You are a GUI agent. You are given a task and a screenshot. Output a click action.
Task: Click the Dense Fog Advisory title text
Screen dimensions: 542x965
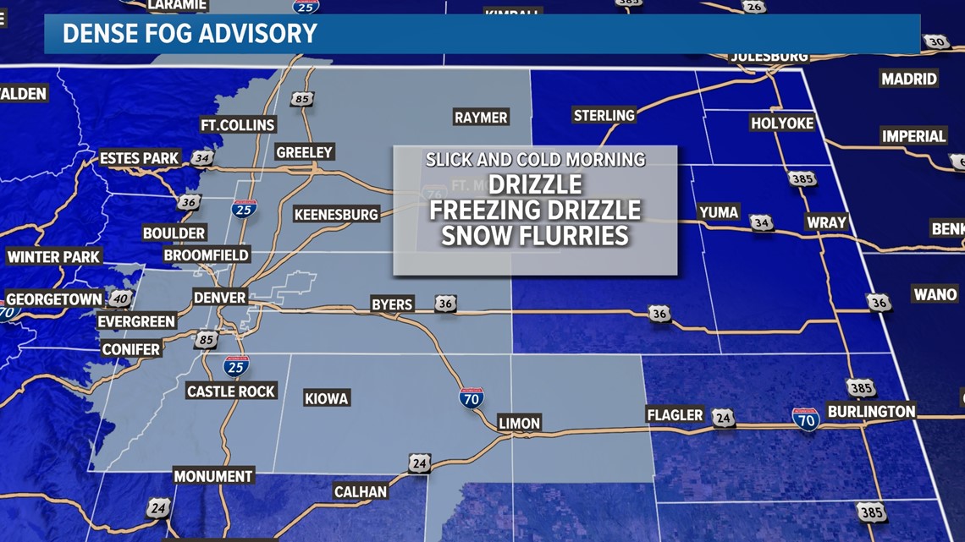click(190, 34)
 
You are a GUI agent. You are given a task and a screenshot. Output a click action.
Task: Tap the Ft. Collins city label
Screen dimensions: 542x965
click(238, 124)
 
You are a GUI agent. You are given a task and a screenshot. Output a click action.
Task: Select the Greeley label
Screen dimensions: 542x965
click(305, 152)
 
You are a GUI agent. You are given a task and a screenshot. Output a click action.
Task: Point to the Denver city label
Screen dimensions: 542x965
click(219, 298)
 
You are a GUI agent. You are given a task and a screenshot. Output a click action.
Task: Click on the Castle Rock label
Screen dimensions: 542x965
click(231, 391)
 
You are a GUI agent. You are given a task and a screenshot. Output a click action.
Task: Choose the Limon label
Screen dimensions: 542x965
click(519, 423)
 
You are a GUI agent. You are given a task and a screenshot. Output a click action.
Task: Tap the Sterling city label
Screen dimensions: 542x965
click(604, 115)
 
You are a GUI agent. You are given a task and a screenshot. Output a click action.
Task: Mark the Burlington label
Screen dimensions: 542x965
click(871, 411)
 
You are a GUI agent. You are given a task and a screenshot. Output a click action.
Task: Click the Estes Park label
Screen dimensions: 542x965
click(139, 158)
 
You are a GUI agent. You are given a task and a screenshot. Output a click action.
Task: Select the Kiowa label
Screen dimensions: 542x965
click(326, 398)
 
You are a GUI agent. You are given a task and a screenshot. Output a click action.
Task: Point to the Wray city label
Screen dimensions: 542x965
click(826, 222)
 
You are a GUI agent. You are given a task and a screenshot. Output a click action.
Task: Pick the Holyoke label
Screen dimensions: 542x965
click(781, 123)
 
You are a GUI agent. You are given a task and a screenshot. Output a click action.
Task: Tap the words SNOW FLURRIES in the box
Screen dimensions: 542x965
click(535, 235)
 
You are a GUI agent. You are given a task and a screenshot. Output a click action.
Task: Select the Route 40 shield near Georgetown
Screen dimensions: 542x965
click(120, 298)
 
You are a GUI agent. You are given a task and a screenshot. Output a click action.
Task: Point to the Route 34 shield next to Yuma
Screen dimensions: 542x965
click(761, 222)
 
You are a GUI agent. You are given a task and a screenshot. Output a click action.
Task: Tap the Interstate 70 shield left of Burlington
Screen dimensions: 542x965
click(805, 419)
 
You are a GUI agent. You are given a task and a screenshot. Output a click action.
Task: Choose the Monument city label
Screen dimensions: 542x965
click(213, 476)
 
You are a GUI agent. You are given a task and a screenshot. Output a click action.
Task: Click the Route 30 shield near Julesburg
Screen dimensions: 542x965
click(935, 41)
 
